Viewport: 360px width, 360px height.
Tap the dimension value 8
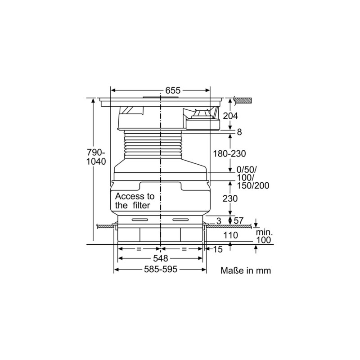[x=239, y=132]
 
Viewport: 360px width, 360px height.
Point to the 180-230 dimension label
[x=229, y=153]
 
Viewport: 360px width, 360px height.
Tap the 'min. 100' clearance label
[x=263, y=236]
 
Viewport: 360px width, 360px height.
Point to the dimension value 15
[x=218, y=249]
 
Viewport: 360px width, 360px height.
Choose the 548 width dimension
[x=160, y=258]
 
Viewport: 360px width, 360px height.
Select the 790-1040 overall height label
[x=96, y=157]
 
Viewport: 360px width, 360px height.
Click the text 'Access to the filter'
[x=135, y=201]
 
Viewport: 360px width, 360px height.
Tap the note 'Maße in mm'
[x=246, y=271]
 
